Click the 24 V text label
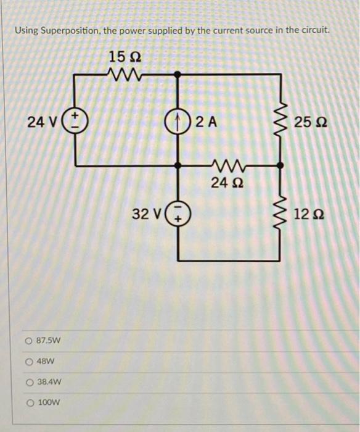[x=43, y=122]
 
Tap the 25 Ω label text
[x=311, y=122]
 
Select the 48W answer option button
[x=29, y=362]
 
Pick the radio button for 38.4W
[x=29, y=382]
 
